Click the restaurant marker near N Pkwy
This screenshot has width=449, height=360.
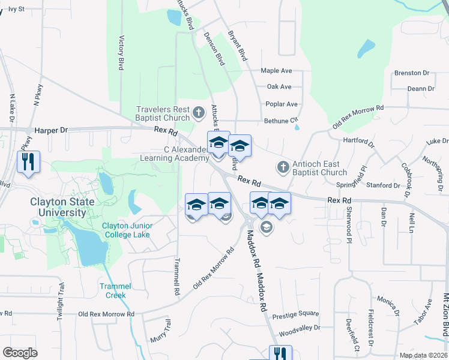click(28, 162)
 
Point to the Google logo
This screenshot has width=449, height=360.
click(20, 353)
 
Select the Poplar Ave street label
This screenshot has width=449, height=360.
click(282, 104)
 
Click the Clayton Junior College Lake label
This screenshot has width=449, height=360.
click(127, 230)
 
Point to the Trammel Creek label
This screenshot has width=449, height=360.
click(112, 290)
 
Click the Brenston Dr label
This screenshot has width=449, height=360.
click(412, 73)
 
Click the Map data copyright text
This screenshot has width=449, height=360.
click(424, 356)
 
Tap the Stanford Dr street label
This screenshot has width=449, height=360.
click(383, 186)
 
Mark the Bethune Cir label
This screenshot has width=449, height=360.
click(281, 121)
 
